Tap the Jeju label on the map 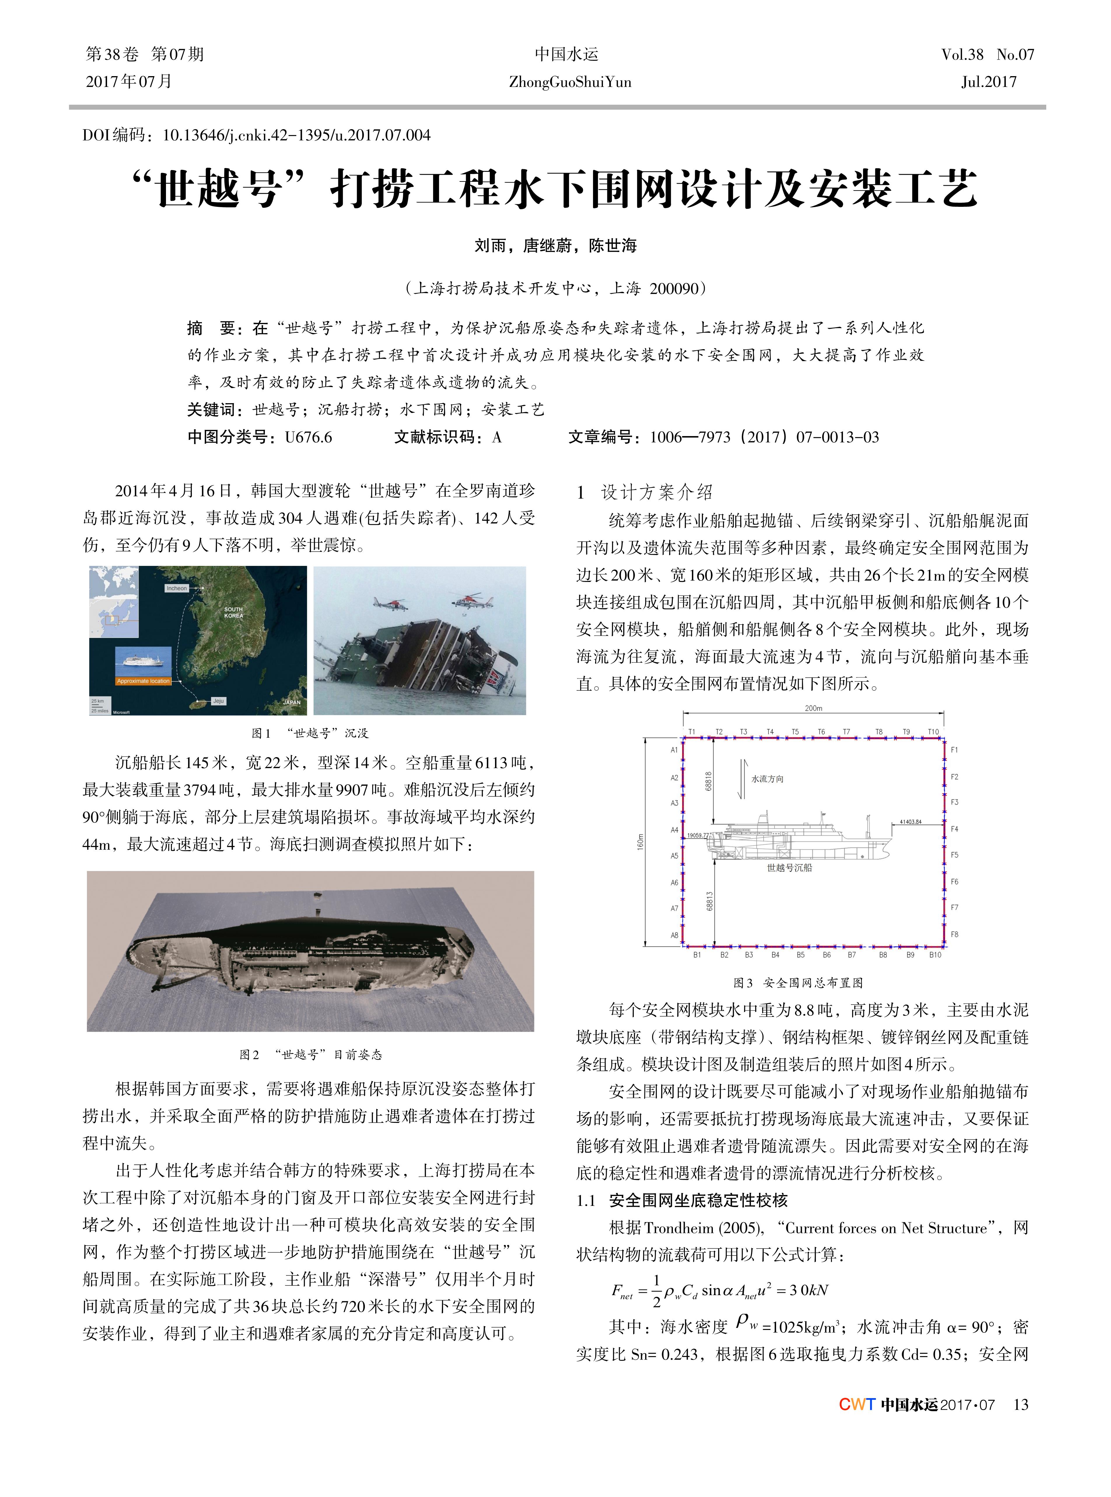(x=218, y=701)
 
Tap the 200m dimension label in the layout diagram (x=813, y=708)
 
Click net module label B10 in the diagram (x=935, y=955)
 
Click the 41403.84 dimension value (x=910, y=822)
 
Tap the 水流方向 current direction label (x=767, y=779)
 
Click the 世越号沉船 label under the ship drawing (x=790, y=868)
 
